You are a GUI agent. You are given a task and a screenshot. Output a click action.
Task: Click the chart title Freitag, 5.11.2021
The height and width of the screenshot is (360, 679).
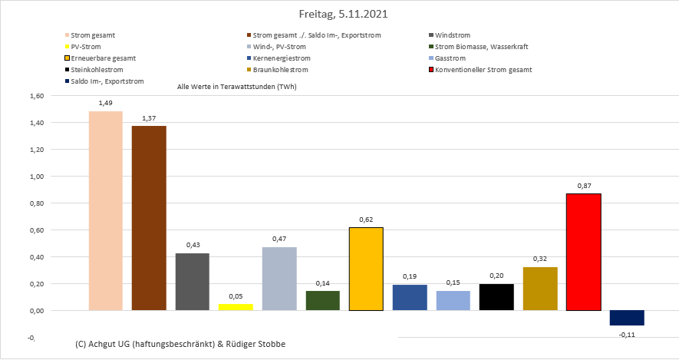pos(338,14)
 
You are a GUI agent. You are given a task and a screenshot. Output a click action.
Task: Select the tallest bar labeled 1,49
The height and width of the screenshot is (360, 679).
pos(105,211)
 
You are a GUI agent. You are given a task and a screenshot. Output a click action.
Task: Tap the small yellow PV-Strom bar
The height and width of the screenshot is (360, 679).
pos(236,307)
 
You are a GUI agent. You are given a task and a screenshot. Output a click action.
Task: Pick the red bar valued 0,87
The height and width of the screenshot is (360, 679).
pos(583,252)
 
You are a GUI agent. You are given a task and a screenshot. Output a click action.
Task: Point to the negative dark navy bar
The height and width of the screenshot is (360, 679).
pos(627,318)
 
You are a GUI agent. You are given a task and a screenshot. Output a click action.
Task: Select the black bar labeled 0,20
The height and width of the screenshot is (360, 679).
pos(496,297)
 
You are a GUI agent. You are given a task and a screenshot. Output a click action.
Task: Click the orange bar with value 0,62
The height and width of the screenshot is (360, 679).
pos(366,269)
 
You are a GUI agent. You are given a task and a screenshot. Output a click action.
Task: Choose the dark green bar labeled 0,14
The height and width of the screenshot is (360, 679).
pos(322,301)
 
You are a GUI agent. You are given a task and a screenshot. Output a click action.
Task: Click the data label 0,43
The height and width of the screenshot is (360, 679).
pos(193,245)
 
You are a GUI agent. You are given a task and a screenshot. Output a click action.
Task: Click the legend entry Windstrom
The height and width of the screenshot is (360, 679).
pos(452,35)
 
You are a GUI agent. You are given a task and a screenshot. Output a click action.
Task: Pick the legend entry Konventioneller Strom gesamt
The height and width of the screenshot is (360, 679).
pos(483,70)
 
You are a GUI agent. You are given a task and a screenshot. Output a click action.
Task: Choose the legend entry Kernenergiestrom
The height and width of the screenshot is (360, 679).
pos(284,58)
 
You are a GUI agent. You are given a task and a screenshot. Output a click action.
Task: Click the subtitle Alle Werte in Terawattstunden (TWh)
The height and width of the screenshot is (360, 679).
pos(236,87)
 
